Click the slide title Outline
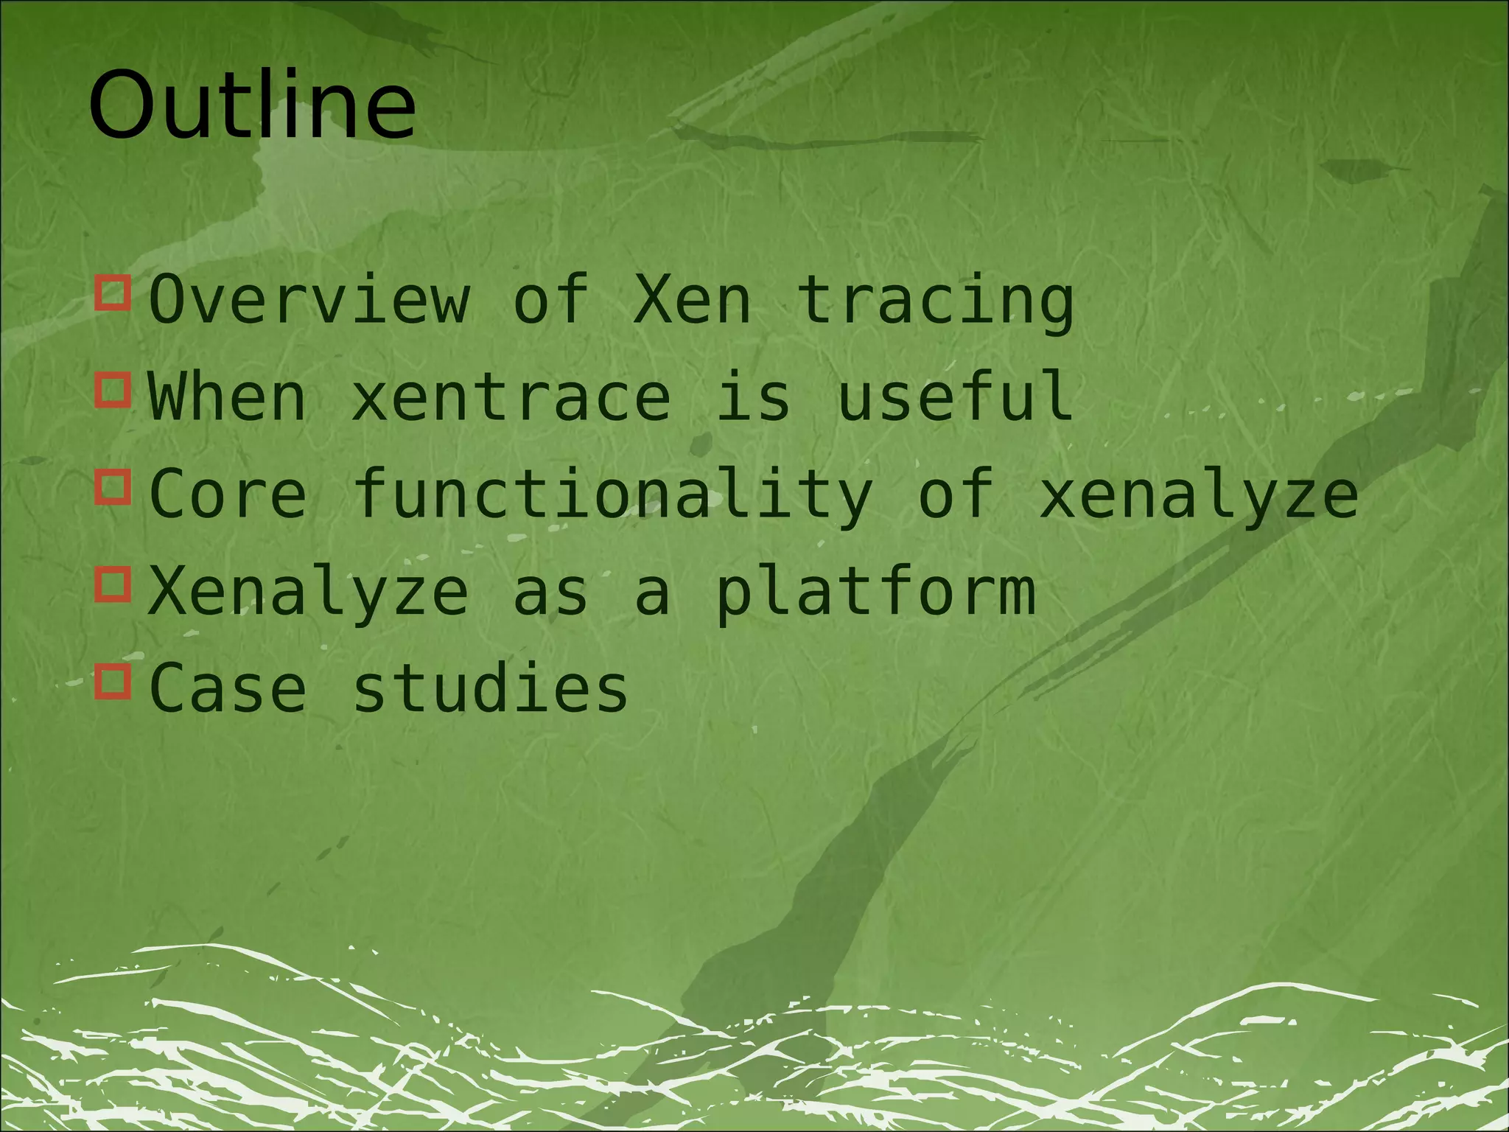pos(252,105)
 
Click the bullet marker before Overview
pos(113,293)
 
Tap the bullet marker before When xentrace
pos(113,390)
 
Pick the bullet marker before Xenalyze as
pos(113,584)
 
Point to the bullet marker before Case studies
pos(113,682)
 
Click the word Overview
pos(309,299)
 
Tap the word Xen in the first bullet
pos(693,299)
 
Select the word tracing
pos(936,302)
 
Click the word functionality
pos(613,495)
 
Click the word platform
pos(875,594)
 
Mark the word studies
pos(491,688)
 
